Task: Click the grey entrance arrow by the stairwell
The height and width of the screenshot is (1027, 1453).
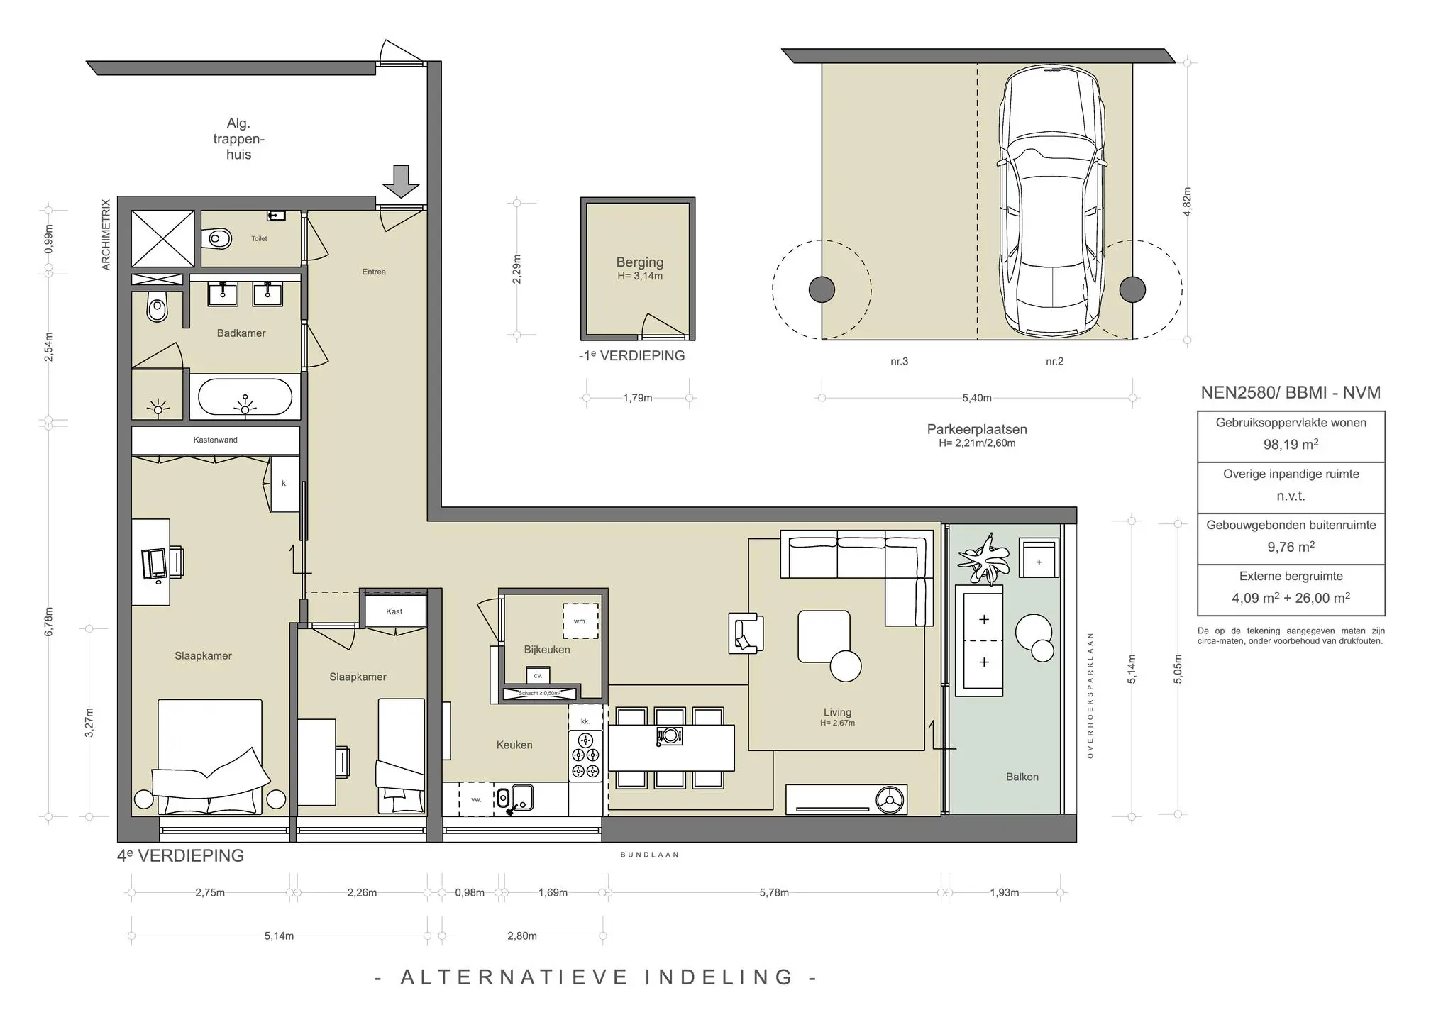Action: pos(402,182)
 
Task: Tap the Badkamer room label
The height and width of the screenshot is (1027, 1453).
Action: pos(241,333)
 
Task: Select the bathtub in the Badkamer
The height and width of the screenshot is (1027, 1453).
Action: pos(245,396)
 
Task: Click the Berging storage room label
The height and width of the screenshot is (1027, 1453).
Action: pos(640,262)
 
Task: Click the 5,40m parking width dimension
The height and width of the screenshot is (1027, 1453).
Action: pos(977,398)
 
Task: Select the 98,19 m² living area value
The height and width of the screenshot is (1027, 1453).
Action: pos(1291,445)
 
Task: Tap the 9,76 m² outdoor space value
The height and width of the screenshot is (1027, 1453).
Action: pos(1291,547)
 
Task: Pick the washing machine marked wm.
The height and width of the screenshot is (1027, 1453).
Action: pos(580,621)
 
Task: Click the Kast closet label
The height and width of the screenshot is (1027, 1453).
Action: pos(394,611)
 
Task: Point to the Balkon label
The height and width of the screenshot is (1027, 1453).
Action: pos(1022,777)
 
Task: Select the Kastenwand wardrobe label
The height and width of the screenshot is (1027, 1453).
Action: pos(216,440)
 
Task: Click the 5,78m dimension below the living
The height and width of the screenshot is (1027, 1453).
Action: pos(774,893)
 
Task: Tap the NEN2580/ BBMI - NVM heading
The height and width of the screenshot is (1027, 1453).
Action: pos(1291,393)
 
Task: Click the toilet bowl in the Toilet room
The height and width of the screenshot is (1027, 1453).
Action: pos(216,239)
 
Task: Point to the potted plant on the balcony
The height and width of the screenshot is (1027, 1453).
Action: pos(983,558)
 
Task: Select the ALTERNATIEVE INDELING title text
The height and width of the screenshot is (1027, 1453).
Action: pos(597,977)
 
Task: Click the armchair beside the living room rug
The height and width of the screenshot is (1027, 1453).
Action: pos(746,633)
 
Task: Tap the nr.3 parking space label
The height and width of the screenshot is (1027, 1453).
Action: pos(899,362)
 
